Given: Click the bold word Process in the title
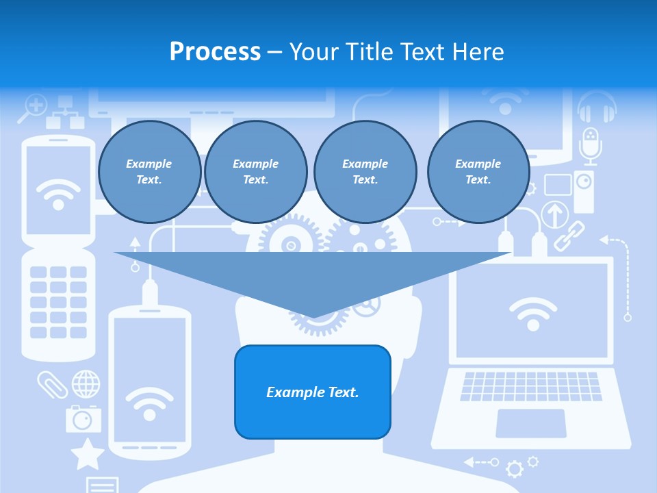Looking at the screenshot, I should (x=215, y=52).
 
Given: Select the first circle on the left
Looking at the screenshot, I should (x=149, y=172).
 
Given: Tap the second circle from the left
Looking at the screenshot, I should (x=255, y=172).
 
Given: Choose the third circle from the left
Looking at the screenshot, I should (x=365, y=172).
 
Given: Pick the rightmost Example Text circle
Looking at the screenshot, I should (x=478, y=172).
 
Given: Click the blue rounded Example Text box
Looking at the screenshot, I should (x=313, y=392).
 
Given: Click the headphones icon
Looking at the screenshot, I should (x=597, y=108).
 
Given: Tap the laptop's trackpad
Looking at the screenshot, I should (x=531, y=423).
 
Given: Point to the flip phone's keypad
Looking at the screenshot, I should (x=58, y=301).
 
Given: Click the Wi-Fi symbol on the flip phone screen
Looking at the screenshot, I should (x=58, y=194).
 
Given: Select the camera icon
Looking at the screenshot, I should (x=83, y=418).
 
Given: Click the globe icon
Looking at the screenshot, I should (x=86, y=383).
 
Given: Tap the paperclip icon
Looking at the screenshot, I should (x=53, y=384).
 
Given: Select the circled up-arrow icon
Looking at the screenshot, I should (x=555, y=214).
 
